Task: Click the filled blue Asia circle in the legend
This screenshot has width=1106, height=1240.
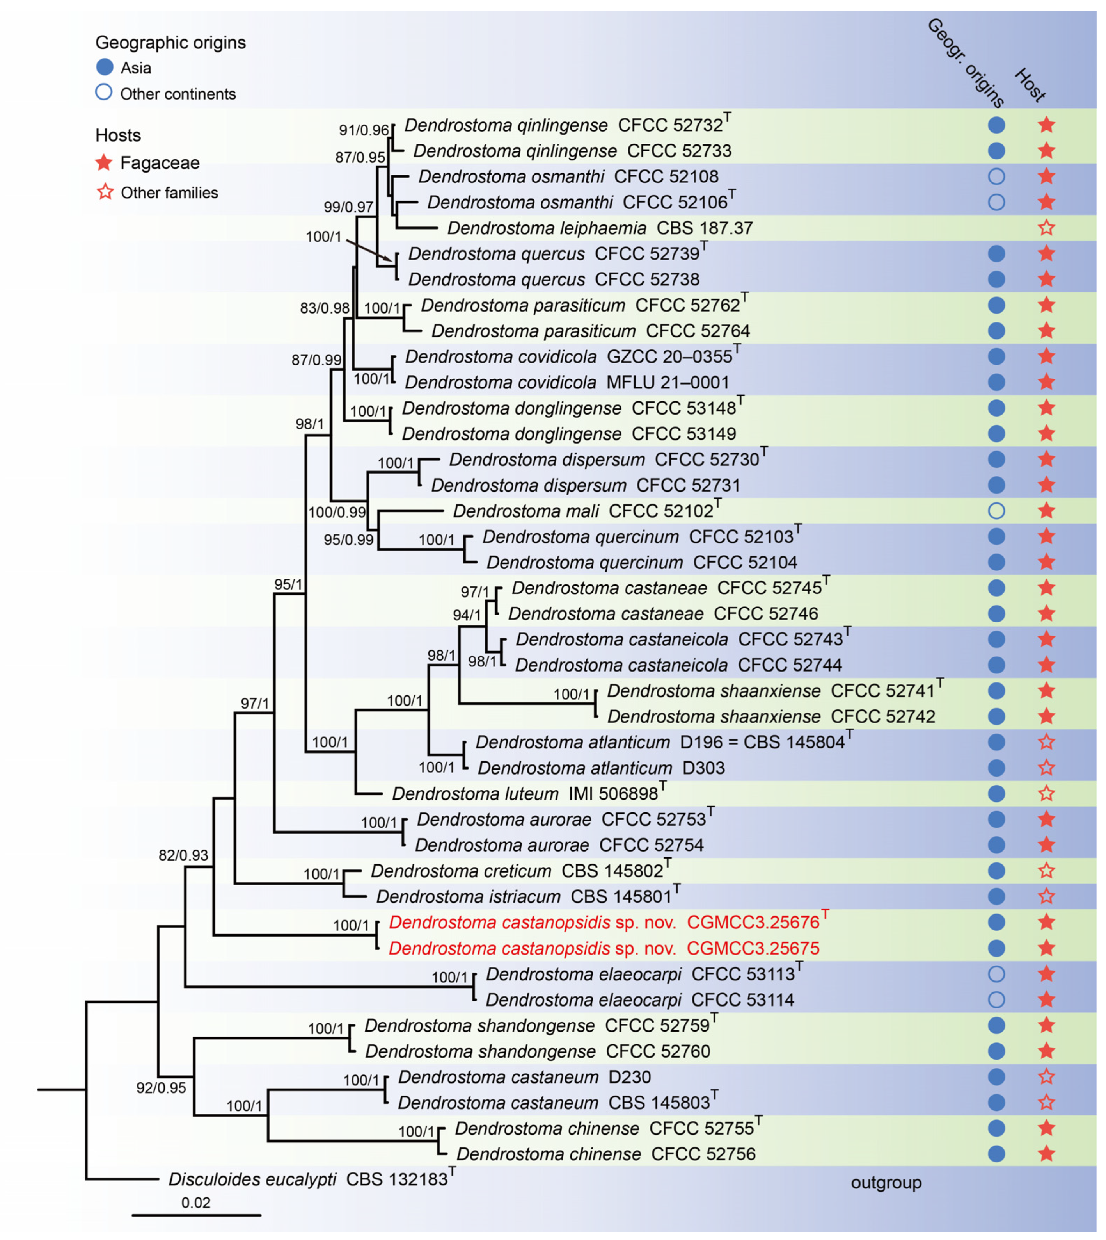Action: click(x=105, y=67)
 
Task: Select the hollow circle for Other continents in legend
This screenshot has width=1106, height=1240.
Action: click(x=104, y=93)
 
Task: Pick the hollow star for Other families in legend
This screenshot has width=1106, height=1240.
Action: click(x=105, y=192)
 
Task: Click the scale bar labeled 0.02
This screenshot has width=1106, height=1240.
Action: click(x=196, y=1215)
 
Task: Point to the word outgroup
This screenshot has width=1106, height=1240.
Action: click(x=886, y=1183)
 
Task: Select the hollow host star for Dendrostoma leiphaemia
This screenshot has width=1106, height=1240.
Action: click(x=1046, y=228)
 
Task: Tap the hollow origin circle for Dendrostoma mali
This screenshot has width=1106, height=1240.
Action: click(x=996, y=511)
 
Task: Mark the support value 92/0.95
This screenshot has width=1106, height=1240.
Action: click(x=161, y=1088)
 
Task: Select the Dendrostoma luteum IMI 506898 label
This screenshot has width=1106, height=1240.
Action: click(x=525, y=794)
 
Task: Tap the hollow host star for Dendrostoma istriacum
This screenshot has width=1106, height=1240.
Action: click(x=1046, y=896)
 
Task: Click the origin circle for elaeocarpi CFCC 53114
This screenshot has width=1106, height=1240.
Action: click(x=996, y=1000)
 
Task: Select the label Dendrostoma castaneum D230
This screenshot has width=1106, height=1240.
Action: click(x=524, y=1077)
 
